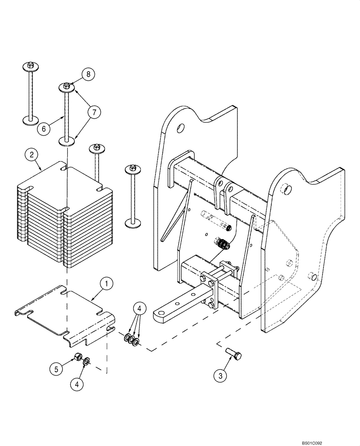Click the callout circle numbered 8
tap(88, 74)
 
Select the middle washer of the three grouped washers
tap(131, 341)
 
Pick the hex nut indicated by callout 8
tap(65, 85)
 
